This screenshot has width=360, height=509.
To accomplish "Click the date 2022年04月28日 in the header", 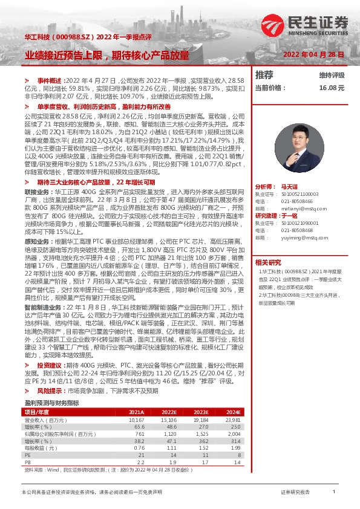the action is (x=314, y=54).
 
